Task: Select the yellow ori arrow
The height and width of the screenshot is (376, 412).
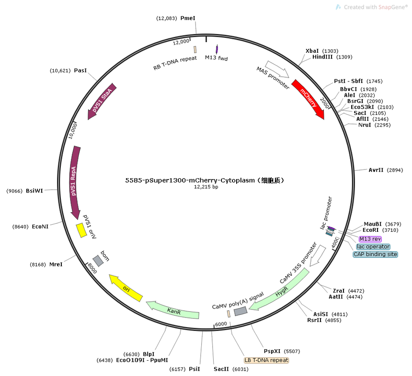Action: coord(126,288)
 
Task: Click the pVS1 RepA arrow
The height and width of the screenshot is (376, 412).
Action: coord(74,182)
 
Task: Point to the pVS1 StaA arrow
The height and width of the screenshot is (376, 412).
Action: coord(102,101)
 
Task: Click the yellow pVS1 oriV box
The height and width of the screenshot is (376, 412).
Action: coord(81,230)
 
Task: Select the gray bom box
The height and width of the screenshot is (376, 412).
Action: coord(98,261)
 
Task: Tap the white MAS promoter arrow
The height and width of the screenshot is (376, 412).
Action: coord(277,69)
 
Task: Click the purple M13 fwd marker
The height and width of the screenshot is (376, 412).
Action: coord(217,49)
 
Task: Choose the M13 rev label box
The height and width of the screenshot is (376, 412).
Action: coord(370,239)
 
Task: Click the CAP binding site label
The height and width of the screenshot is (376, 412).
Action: coord(375,254)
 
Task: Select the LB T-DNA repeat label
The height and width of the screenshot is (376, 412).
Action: coord(266,360)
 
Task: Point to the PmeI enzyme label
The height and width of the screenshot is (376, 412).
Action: coord(188,18)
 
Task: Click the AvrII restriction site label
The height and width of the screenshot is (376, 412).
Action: coord(376,170)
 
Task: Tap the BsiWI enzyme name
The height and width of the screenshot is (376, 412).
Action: coord(34,191)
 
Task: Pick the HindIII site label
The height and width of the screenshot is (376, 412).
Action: coord(322,57)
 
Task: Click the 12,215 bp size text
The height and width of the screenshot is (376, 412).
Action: coord(206,187)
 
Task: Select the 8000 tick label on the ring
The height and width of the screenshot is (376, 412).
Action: coord(92,268)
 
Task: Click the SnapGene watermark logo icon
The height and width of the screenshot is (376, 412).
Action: coord(338,7)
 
